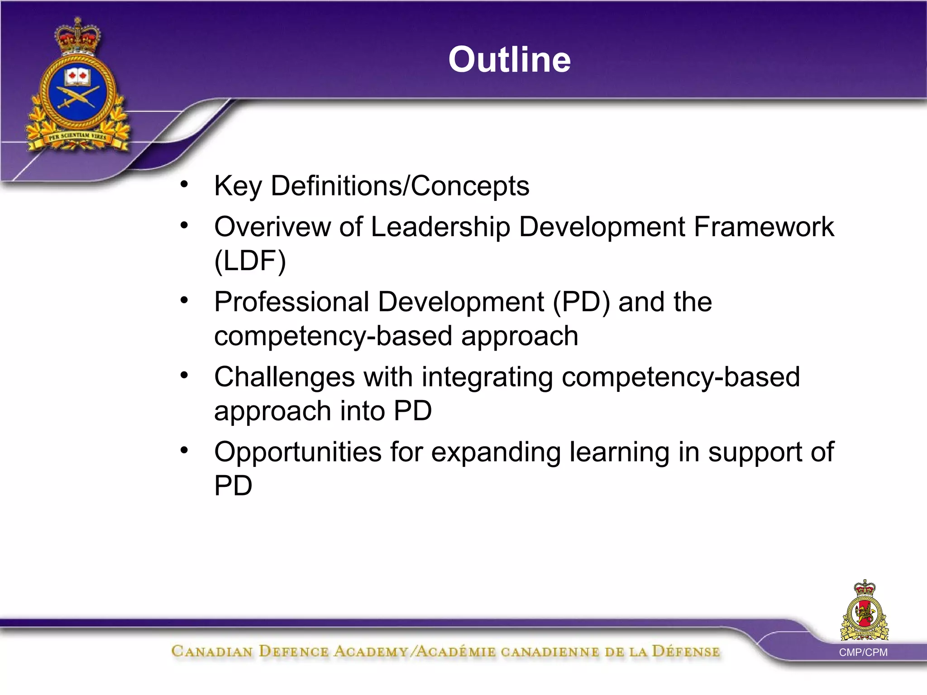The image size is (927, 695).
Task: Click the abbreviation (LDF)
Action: pos(250,261)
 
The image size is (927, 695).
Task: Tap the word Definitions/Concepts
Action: pos(400,186)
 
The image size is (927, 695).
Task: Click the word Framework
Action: pos(764,227)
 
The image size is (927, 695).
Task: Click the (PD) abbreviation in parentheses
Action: pos(581,302)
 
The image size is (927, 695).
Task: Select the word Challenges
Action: pos(284,377)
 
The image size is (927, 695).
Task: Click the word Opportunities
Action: pos(298,452)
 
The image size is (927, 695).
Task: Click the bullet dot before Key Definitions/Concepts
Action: pos(184,185)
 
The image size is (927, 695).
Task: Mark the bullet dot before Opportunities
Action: pos(184,450)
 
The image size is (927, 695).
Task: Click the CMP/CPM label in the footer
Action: pos(863,652)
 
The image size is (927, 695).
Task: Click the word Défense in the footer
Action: pos(685,652)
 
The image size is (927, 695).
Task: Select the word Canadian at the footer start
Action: pos(212,652)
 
